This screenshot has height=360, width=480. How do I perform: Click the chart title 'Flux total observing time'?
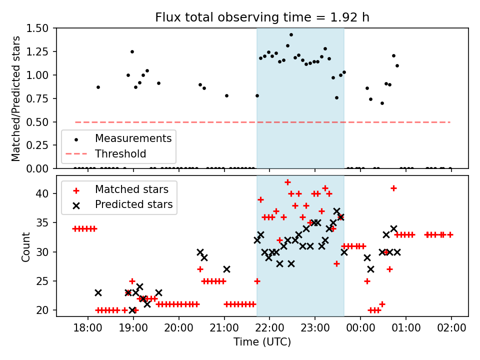[x=262, y=17]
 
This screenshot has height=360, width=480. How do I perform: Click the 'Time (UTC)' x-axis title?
[x=262, y=342]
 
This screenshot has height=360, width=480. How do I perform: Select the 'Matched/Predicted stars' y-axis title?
[x=16, y=98]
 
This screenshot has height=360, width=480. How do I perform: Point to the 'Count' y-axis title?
[x=26, y=246]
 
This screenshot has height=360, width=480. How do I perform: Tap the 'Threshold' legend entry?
[x=121, y=154]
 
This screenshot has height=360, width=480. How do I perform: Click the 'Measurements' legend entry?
[x=133, y=138]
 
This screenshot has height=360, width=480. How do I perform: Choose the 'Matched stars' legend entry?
[x=131, y=189]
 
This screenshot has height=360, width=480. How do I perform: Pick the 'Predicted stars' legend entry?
[x=133, y=204]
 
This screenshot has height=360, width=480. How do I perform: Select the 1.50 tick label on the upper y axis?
[x=41, y=28]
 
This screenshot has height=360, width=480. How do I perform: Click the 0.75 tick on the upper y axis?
[x=41, y=98]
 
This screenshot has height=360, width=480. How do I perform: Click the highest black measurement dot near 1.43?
[x=291, y=35]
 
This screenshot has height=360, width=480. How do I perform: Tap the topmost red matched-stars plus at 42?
[x=287, y=182]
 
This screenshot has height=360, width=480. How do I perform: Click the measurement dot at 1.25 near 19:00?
[x=132, y=51]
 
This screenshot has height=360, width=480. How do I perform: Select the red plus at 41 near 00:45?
[x=393, y=188]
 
